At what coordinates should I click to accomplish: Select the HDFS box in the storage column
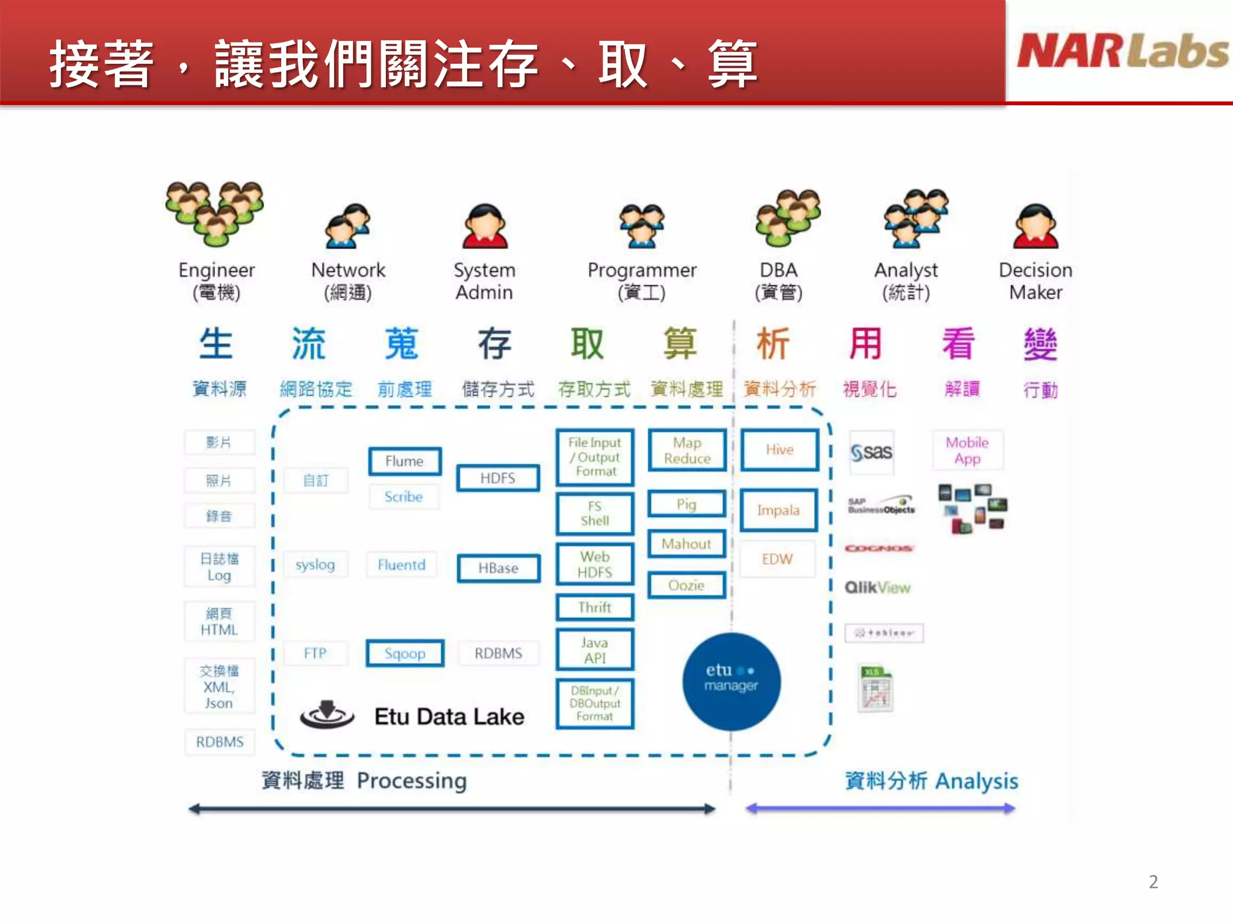tap(498, 478)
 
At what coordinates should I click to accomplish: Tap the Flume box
tap(405, 461)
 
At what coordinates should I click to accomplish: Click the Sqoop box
tap(405, 653)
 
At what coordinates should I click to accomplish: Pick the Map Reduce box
tap(687, 451)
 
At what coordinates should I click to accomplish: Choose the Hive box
tap(779, 450)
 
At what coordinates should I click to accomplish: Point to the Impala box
tap(778, 511)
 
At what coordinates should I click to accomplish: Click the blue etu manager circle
tap(731, 682)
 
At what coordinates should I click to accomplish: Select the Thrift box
tap(595, 608)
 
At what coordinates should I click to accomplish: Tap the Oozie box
tap(686, 585)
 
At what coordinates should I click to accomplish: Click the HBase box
tap(498, 568)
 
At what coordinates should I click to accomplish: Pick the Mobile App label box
tap(967, 451)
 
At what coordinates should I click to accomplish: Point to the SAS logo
tap(871, 452)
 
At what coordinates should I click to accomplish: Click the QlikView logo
tap(877, 588)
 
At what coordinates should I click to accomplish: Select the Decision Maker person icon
tap(1036, 226)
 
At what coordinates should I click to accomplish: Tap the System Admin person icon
tap(485, 226)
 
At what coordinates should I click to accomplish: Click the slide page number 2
tap(1153, 882)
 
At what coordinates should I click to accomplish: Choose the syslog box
tap(315, 565)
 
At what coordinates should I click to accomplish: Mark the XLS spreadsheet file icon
tap(875, 689)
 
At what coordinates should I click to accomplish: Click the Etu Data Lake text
tap(449, 716)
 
